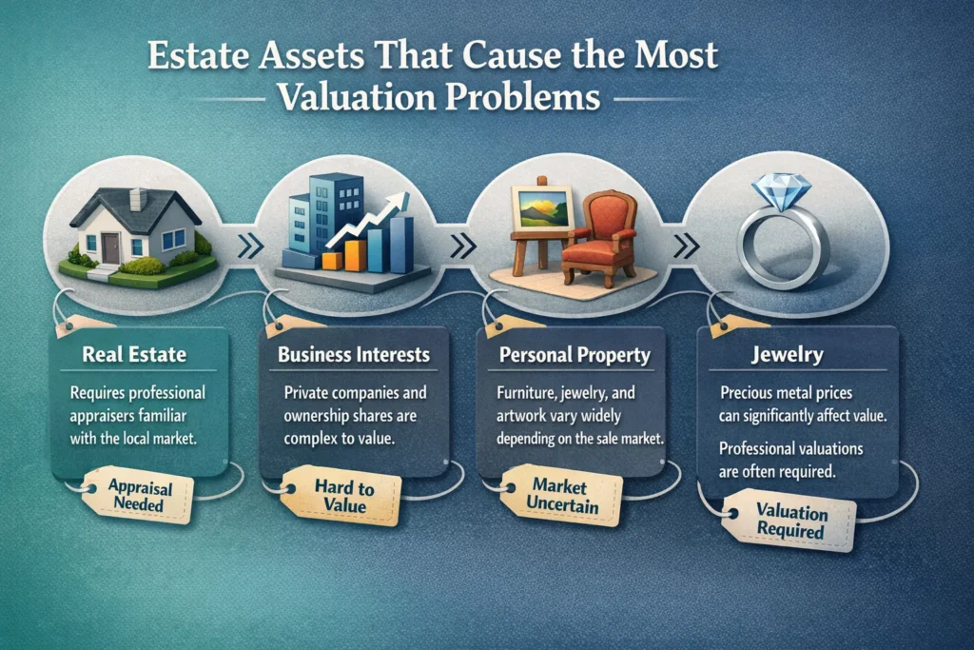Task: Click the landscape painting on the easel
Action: pos(540,207)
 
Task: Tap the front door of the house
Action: pos(111,246)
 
